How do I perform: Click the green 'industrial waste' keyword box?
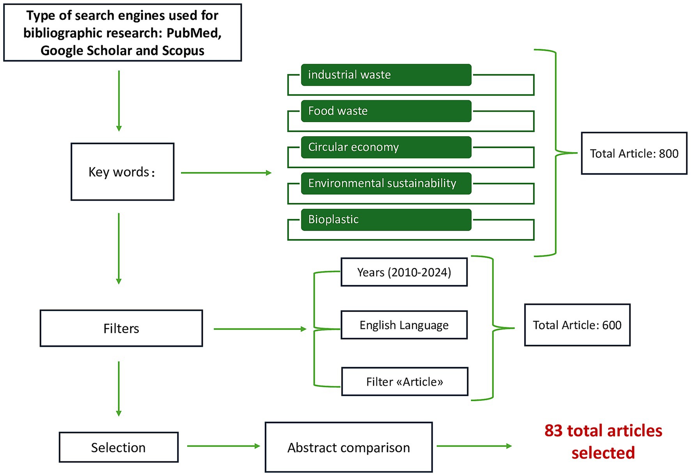[x=386, y=75]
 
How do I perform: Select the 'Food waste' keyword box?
[x=386, y=111]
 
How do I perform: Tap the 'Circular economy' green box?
[x=386, y=147]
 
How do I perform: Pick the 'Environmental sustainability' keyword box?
[x=386, y=183]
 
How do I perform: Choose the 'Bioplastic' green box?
[x=386, y=220]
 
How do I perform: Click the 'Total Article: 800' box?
[x=634, y=153]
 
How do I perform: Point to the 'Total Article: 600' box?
[x=577, y=325]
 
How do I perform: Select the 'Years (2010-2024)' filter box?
[x=404, y=272]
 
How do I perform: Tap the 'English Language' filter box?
[x=404, y=325]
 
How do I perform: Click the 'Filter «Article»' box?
[x=404, y=382]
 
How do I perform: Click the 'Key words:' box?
[x=122, y=172]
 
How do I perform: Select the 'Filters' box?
[x=121, y=329]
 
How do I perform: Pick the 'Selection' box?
[x=119, y=448]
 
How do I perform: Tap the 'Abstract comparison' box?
[x=349, y=448]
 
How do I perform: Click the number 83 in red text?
[x=553, y=431]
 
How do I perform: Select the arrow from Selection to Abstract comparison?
[x=223, y=446]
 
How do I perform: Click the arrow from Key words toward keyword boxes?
[x=226, y=172]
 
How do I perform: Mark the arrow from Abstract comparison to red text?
[x=474, y=446]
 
